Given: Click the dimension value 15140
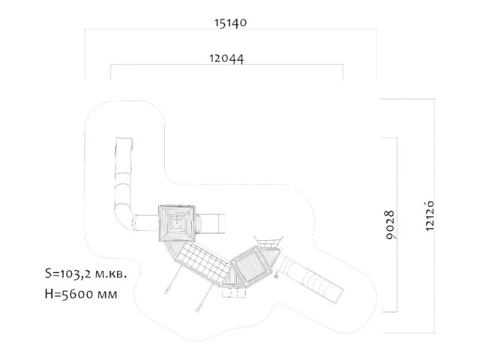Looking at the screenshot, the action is click(x=230, y=23).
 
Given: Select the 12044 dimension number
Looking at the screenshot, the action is click(x=226, y=58).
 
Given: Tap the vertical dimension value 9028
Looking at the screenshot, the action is click(x=390, y=225).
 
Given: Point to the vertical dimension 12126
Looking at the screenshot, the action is click(x=430, y=215).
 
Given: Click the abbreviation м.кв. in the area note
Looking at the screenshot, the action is click(x=112, y=274).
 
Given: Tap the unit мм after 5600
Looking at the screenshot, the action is click(x=106, y=295).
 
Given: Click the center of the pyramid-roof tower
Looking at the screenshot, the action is click(x=177, y=223).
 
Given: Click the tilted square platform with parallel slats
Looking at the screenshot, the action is click(x=250, y=266).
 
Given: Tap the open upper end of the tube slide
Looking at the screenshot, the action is click(x=124, y=139).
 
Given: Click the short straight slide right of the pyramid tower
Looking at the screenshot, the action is click(x=213, y=223).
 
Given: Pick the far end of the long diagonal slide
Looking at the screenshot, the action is click(x=340, y=295).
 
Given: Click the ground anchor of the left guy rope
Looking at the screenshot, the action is click(x=166, y=290).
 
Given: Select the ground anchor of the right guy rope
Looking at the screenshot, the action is click(x=198, y=309).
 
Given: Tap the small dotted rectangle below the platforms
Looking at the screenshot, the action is click(x=234, y=292).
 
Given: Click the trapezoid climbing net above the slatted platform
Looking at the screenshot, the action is click(x=268, y=241).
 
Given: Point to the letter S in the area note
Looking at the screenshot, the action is click(x=48, y=273).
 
